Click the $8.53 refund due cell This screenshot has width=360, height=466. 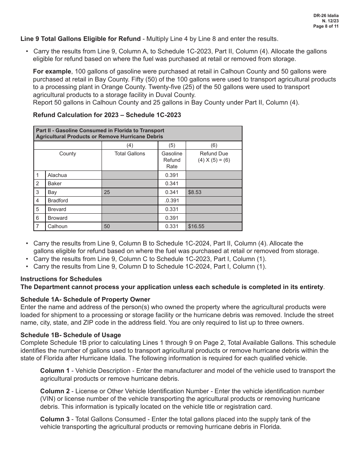pos(195,192)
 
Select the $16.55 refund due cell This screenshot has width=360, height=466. pos(196,226)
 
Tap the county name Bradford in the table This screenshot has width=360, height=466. pos(58,200)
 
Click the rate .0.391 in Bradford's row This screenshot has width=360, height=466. pos(172,200)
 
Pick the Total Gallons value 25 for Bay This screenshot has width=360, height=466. pos(107,192)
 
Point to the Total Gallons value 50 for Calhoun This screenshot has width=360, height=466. pos(107,226)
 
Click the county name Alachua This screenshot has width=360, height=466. pos(57,175)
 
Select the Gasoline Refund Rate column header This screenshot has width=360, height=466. pos(172,160)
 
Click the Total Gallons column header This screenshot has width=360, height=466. pos(130,153)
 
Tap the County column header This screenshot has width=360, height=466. pos(67,153)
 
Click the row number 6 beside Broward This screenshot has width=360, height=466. pos(38,218)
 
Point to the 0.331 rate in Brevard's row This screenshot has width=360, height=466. pos(172,209)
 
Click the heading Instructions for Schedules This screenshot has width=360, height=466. pos(61,279)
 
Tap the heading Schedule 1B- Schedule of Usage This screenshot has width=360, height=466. pos(71,335)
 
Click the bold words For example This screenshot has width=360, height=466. pos(52,71)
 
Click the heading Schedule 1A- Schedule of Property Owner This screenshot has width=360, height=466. pos(85,299)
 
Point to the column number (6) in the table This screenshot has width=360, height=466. pos(214,145)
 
